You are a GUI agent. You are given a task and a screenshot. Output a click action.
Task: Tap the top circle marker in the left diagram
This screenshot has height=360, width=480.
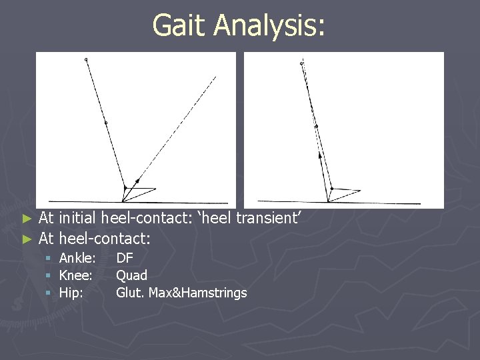pyautogui.click(x=86, y=61)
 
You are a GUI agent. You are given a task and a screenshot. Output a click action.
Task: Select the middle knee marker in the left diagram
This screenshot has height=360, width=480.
pyautogui.click(x=105, y=123)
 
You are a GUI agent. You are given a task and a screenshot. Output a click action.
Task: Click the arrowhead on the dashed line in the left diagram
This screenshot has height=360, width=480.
pyautogui.click(x=137, y=180)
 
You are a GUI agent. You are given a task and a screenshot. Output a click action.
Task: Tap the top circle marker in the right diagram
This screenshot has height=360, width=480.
pyautogui.click(x=301, y=64)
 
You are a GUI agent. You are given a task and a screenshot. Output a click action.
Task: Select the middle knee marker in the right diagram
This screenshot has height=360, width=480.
pyautogui.click(x=316, y=126)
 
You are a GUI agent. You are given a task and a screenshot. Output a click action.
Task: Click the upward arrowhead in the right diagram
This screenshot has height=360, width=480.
pyautogui.click(x=319, y=155)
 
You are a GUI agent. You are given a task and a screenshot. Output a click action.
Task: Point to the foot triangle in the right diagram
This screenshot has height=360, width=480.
pyautogui.click(x=343, y=193)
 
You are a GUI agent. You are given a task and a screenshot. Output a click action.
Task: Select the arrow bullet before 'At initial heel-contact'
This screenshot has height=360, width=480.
pyautogui.click(x=27, y=218)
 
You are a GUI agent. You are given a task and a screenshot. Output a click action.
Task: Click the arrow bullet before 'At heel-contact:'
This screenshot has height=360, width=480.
pyautogui.click(x=27, y=238)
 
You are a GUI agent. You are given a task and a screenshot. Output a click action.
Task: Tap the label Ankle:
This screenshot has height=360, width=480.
pyautogui.click(x=77, y=258)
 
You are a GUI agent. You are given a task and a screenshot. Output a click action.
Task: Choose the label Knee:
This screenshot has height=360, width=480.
pyautogui.click(x=75, y=275)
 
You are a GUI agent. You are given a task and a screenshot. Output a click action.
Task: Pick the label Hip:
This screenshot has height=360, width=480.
pyautogui.click(x=71, y=292)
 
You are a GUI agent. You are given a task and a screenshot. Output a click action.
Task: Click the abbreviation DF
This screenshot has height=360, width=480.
pyautogui.click(x=125, y=258)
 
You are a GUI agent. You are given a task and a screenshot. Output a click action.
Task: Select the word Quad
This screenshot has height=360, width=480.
pyautogui.click(x=131, y=275)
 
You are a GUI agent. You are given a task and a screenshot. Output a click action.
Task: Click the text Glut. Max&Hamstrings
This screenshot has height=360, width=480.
pyautogui.click(x=181, y=293)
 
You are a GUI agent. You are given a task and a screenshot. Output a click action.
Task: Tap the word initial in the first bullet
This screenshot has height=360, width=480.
pyautogui.click(x=77, y=217)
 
